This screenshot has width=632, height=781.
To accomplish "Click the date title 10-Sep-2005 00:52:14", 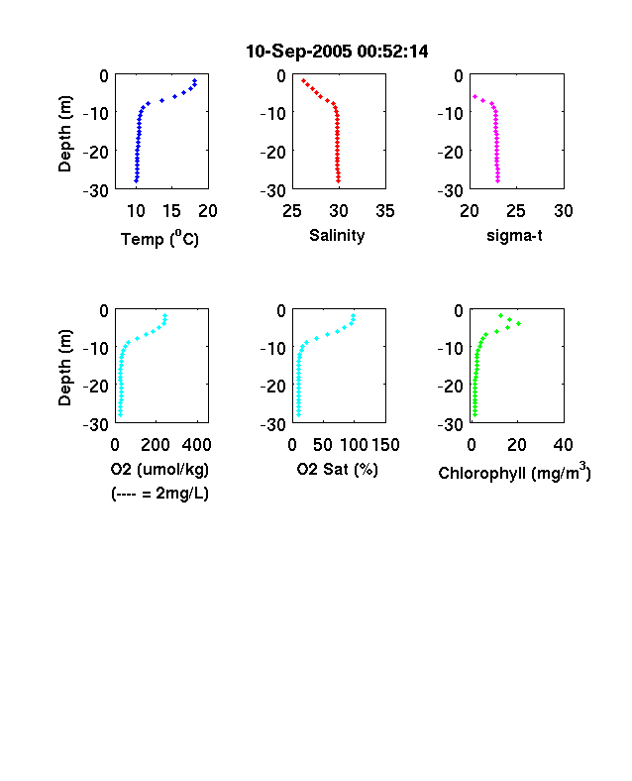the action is (337, 52).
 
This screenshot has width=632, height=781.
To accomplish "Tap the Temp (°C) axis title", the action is (159, 239).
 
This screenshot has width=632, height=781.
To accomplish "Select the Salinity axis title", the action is (337, 235).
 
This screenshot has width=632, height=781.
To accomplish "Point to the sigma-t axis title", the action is (514, 235).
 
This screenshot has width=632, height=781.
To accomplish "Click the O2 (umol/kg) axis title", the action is (159, 469).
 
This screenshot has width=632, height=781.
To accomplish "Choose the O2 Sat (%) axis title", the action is (338, 469).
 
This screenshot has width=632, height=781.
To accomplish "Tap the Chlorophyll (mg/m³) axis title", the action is (514, 472).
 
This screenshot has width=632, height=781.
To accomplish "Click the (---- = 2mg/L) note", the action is (159, 494).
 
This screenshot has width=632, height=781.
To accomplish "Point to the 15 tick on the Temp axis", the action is (171, 211).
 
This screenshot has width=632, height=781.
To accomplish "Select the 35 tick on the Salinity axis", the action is (385, 211).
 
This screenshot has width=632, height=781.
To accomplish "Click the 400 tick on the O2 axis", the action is (196, 445).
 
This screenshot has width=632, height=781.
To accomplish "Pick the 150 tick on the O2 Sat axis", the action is (385, 445).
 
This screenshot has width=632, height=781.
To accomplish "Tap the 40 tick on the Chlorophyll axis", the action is (563, 445).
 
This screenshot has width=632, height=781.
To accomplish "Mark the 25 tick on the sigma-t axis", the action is (515, 211).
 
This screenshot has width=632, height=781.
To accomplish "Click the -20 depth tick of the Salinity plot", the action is (273, 152).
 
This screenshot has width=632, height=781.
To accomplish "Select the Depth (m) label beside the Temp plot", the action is (64, 134).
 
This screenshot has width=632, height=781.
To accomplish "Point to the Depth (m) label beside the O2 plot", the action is (64, 368).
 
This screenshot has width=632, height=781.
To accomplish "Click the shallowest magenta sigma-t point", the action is (474, 96).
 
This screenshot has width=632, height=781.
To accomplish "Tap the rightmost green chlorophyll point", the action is (518, 324).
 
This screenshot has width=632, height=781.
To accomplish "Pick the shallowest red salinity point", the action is (303, 80).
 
